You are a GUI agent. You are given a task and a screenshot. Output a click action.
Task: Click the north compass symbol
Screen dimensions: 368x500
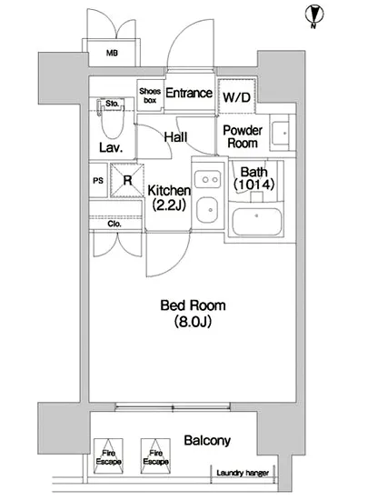click(313, 16)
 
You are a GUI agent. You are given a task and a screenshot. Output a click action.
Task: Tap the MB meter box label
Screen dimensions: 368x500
click(112, 53)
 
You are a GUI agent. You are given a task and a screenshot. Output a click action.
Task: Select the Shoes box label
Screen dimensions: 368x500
click(150, 95)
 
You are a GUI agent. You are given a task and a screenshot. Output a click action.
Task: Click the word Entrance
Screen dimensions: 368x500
click(189, 93)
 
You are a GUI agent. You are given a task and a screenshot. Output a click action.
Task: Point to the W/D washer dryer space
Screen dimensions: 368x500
click(237, 96)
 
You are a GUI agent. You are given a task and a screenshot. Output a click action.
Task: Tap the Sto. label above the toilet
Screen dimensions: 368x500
click(112, 104)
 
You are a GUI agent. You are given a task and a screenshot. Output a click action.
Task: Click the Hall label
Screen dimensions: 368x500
click(175, 137)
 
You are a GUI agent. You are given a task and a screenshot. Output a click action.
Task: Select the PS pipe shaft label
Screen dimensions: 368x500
click(98, 181)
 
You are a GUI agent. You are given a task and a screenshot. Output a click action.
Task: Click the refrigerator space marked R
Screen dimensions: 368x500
click(127, 180)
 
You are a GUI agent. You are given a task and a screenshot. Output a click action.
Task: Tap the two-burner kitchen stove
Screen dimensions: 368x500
click(208, 179)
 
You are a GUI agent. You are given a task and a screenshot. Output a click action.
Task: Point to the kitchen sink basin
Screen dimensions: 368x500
click(207, 210)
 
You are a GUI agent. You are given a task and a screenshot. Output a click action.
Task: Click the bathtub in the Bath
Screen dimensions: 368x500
click(257, 222)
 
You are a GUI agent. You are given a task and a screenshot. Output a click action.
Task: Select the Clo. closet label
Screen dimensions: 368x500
click(114, 224)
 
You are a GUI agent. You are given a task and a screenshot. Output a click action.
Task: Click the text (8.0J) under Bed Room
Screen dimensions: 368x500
click(193, 322)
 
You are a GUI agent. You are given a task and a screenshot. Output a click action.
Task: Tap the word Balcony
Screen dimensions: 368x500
click(207, 441)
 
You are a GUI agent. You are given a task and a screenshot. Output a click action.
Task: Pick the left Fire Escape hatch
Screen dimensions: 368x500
click(108, 456)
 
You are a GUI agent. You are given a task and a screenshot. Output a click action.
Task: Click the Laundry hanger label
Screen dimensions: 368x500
click(243, 473)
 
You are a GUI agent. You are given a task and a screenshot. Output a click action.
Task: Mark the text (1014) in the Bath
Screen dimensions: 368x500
click(254, 185)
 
